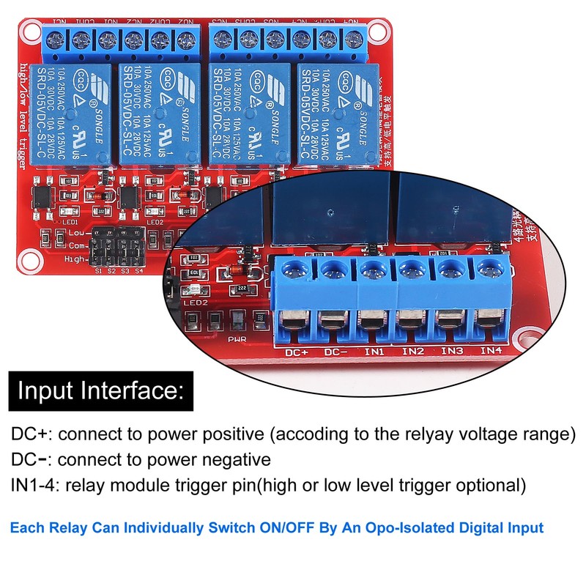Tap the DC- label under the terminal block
coord(336,352)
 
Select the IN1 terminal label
coord(375,352)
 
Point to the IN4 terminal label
coord(489,351)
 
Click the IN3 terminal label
coord(451,352)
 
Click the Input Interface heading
coord(100,391)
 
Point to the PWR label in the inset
coord(237,340)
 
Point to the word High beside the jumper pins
coord(74,259)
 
